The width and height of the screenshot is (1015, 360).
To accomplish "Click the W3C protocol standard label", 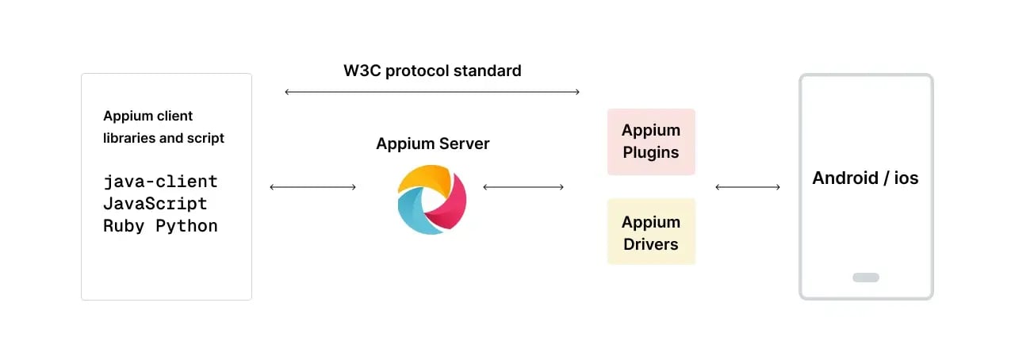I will (x=432, y=71).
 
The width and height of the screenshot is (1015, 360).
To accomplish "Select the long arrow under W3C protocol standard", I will (x=432, y=93).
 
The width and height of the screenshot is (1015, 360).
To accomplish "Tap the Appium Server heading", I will (x=432, y=144).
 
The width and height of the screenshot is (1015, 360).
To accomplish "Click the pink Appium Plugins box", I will (x=651, y=141).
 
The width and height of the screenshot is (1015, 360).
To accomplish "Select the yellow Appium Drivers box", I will (x=651, y=232).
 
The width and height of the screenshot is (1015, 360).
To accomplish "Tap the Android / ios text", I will (x=865, y=178).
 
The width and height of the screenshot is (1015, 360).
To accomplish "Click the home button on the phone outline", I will (x=865, y=278).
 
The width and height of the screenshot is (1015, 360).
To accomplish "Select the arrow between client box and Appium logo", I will (x=312, y=187).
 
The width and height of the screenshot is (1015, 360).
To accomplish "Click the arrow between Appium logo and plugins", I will (x=523, y=187).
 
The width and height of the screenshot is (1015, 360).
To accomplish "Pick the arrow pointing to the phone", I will (x=747, y=187).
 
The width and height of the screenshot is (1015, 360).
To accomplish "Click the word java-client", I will (x=160, y=182).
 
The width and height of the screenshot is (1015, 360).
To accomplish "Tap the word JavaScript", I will (x=155, y=204).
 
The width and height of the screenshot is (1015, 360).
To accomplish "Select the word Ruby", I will (x=124, y=226).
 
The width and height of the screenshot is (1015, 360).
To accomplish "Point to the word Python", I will (x=186, y=226).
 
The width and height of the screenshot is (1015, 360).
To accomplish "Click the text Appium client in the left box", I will (x=147, y=116).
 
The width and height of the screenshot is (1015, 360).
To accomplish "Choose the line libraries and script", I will (x=163, y=138).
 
